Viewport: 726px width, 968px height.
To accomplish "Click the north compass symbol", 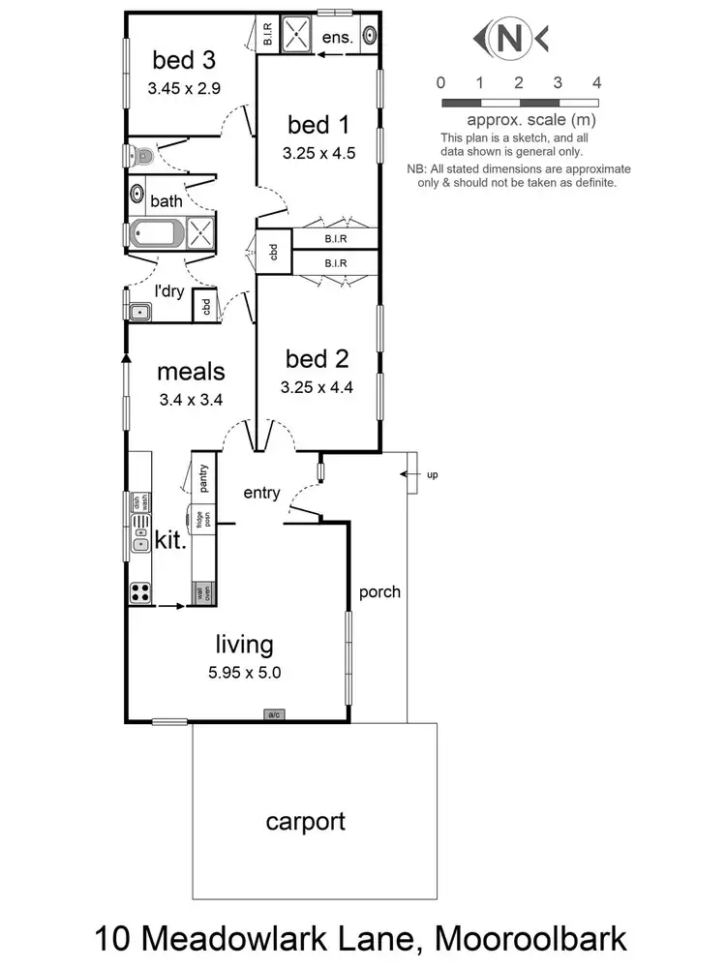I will [509, 39].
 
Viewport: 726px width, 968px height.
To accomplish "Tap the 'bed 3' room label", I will [184, 61].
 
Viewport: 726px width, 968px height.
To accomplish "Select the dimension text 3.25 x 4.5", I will [315, 152].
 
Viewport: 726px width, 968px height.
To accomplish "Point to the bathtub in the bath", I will [155, 234].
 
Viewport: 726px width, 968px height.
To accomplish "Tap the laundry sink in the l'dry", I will [139, 311].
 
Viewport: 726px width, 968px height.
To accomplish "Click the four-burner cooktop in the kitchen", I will [140, 591].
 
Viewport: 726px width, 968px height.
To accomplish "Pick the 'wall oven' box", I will [203, 591].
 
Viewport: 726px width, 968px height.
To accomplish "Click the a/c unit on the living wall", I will [274, 714].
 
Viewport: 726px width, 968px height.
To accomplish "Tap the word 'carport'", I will [306, 823].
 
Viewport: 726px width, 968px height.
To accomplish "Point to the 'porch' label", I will [379, 591].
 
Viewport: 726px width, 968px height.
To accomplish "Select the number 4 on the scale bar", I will [596, 82].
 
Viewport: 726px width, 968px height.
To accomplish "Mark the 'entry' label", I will [261, 493].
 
